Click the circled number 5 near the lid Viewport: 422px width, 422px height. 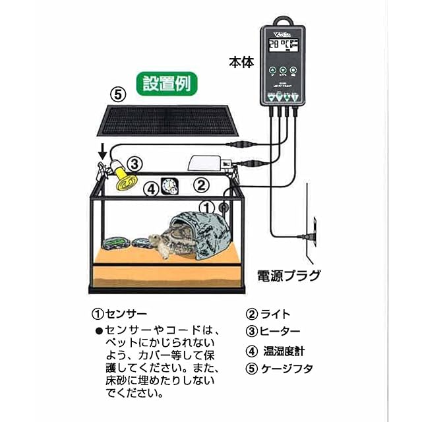pyautogui.click(x=117, y=94)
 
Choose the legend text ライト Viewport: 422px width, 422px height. pyautogui.click(x=276, y=315)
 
